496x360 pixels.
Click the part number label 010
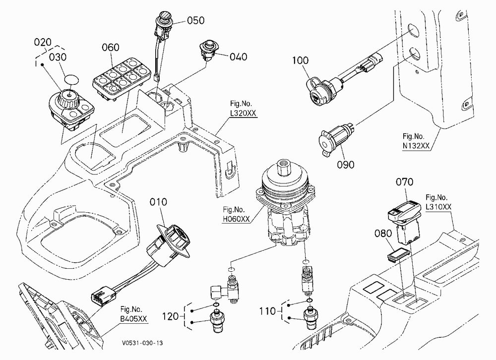click(158, 202)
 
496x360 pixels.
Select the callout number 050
click(196, 20)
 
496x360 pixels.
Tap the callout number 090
click(345, 165)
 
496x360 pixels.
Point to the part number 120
click(171, 316)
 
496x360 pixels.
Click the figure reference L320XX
click(243, 113)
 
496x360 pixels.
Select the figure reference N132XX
click(416, 145)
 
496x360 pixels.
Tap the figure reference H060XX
click(236, 219)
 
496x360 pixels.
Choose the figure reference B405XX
click(134, 318)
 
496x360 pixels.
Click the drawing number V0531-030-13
click(143, 343)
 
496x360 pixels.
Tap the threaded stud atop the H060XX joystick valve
click(284, 167)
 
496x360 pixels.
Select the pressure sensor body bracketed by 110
click(310, 318)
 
